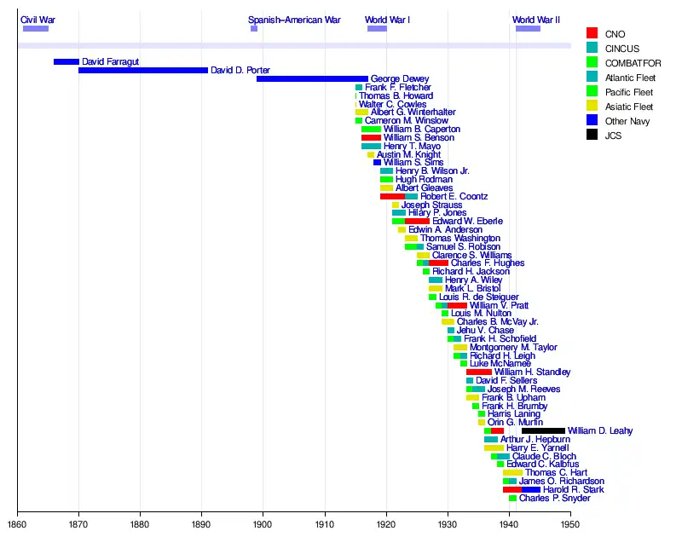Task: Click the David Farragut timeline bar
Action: (x=66, y=62)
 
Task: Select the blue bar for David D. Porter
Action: (x=142, y=71)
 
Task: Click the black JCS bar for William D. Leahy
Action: (x=543, y=431)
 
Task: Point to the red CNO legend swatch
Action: (x=592, y=33)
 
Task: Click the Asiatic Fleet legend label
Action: (x=629, y=107)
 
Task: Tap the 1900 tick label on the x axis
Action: (x=263, y=525)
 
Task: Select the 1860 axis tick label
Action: (x=17, y=525)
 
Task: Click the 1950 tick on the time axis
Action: (x=570, y=525)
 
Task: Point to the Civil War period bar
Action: (x=35, y=29)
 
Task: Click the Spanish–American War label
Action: (x=294, y=20)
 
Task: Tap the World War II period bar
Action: (x=528, y=29)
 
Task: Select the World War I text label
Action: (x=388, y=20)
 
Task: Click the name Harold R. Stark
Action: (x=573, y=490)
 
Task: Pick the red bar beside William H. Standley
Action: (x=478, y=372)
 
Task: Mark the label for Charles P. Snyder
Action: (x=554, y=499)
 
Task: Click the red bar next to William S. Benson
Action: (x=371, y=137)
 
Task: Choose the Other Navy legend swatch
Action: (x=592, y=121)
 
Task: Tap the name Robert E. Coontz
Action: (x=454, y=196)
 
